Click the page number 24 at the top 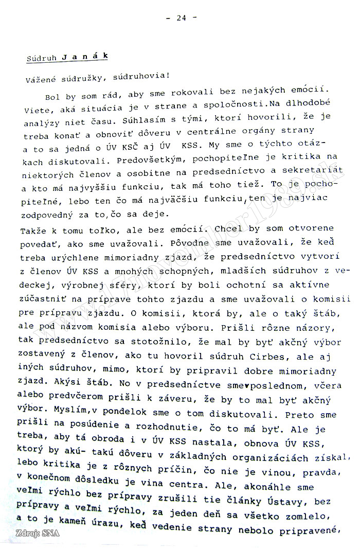(x=181, y=17)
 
